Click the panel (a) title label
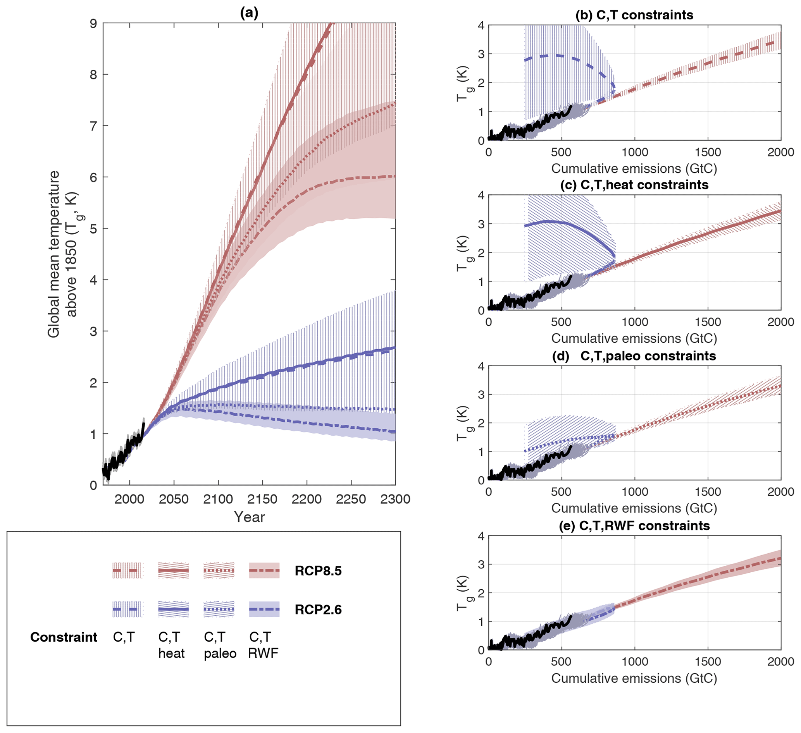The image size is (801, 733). tap(249, 13)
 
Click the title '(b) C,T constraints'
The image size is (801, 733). tap(634, 15)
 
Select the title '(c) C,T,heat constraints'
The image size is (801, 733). tap(634, 185)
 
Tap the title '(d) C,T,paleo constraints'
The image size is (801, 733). tap(634, 356)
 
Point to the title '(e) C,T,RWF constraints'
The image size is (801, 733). tap(634, 526)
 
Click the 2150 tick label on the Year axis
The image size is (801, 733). tap(262, 499)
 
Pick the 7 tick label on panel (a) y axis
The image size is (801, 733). tap(93, 126)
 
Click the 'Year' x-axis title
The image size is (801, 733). tap(249, 517)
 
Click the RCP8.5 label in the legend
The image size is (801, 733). tap(318, 571)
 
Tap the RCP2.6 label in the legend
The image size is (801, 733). tap(318, 609)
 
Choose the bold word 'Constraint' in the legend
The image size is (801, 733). tap(64, 637)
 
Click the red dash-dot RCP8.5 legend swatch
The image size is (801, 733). tap(264, 571)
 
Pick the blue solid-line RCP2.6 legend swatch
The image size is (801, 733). tap(173, 609)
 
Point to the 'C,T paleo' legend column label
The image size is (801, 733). tap(220, 645)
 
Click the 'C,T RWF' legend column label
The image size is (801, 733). tap(263, 645)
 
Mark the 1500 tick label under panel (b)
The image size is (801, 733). tap(708, 153)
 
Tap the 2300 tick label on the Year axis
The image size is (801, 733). tap(395, 499)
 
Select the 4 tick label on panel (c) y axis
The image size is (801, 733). tap(481, 196)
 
